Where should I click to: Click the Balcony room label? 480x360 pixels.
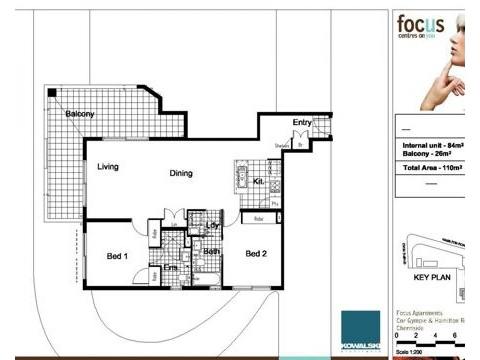(x=80, y=114)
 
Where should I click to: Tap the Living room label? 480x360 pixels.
(x=108, y=167)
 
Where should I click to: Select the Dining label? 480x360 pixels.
(x=181, y=173)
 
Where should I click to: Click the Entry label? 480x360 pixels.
(x=302, y=122)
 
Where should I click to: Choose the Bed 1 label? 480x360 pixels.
(x=118, y=256)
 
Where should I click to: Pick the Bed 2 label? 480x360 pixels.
(x=256, y=254)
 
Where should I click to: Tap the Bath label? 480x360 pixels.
(x=211, y=251)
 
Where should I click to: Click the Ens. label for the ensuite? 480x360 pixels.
(x=170, y=268)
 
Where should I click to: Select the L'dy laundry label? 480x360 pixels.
(x=212, y=225)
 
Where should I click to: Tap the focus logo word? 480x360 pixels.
(x=421, y=25)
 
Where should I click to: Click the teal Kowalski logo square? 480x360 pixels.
(x=361, y=330)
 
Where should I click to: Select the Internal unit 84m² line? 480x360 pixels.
(x=433, y=146)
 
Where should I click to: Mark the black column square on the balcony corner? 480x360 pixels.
(x=53, y=92)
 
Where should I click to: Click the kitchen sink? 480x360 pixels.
(x=242, y=176)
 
